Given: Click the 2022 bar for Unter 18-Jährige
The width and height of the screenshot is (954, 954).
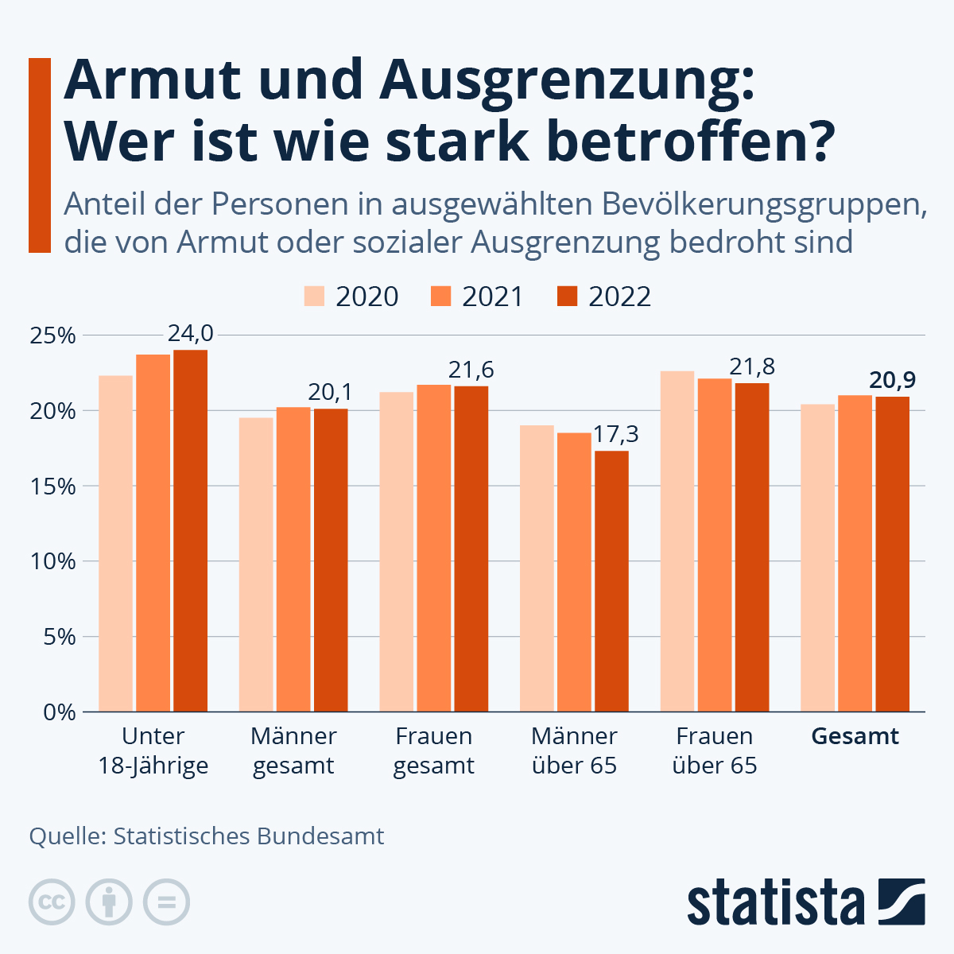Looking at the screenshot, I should click(x=190, y=530).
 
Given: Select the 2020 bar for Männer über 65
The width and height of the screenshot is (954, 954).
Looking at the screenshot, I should click(x=537, y=568).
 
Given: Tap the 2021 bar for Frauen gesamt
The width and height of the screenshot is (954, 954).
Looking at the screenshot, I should click(x=434, y=549).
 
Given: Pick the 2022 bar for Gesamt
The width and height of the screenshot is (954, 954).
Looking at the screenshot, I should click(x=892, y=554).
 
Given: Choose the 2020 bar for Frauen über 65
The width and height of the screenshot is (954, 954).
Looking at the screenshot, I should click(x=677, y=541).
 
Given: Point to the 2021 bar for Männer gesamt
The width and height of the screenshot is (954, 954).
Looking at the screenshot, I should click(x=293, y=560).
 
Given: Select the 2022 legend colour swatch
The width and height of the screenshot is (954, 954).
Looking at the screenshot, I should click(x=567, y=297).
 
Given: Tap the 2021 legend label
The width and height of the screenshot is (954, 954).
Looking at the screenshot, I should click(x=493, y=297).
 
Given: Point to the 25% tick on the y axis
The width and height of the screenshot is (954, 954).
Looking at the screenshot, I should click(x=52, y=335).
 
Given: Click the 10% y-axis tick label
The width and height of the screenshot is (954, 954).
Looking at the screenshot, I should click(x=52, y=561).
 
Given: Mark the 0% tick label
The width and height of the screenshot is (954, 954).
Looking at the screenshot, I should click(x=57, y=712).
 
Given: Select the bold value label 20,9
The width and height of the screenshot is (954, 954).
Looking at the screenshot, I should click(x=893, y=380).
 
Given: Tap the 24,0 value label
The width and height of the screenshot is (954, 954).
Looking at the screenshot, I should click(x=191, y=333).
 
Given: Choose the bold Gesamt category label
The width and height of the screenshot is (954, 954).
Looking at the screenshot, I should click(x=855, y=736).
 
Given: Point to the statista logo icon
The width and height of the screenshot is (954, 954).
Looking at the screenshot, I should click(x=902, y=902).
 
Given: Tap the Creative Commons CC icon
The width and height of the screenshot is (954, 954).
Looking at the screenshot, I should click(x=52, y=902).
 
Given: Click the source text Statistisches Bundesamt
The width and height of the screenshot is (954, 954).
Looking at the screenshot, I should click(x=249, y=836).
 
